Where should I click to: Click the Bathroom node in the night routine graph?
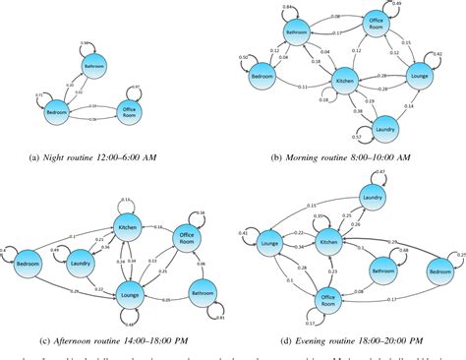pyautogui.click(x=94, y=67)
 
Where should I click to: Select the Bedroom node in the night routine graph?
pyautogui.click(x=59, y=114)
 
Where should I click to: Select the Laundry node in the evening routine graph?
pyautogui.click(x=372, y=199)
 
